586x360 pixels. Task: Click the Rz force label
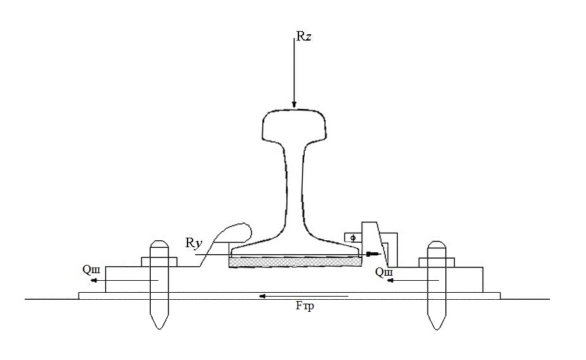click(304, 36)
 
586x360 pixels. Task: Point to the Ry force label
click(194, 243)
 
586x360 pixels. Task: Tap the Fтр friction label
click(305, 305)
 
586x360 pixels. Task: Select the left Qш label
click(91, 270)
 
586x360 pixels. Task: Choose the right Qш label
click(384, 273)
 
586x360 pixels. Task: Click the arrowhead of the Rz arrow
click(294, 105)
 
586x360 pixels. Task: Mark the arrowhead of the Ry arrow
click(373, 254)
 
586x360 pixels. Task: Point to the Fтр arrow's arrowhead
click(263, 297)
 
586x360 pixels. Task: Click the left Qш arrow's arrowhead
click(94, 280)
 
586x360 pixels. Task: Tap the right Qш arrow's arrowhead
click(390, 280)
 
